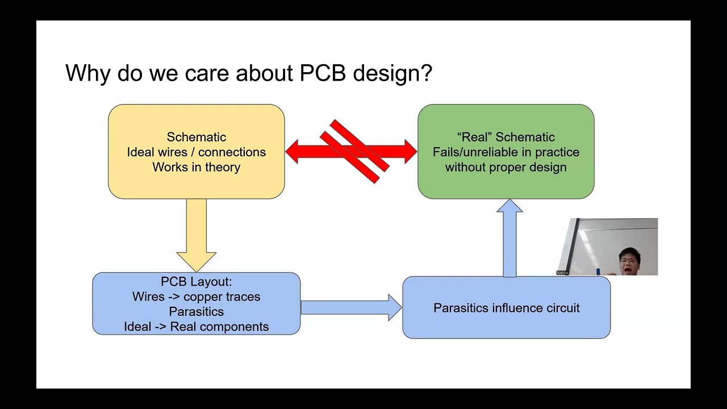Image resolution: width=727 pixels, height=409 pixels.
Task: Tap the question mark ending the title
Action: tap(426, 74)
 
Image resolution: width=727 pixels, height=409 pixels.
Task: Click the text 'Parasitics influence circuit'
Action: tap(506, 308)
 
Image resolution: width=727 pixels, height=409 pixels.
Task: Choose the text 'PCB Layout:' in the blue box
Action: tap(196, 282)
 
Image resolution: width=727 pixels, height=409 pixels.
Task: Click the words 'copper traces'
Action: tap(222, 297)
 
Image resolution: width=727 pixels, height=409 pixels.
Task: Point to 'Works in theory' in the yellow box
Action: tap(196, 167)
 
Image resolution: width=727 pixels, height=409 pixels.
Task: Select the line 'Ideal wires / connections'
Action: tap(196, 152)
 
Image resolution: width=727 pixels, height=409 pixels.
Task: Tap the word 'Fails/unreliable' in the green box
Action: tap(475, 152)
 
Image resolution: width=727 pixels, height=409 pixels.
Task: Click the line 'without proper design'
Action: tap(505, 167)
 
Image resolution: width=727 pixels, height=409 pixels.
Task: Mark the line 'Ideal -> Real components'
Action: tap(196, 327)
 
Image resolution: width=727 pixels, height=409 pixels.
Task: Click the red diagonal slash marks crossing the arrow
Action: tap(355, 151)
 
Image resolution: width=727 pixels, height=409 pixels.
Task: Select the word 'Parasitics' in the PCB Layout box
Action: tap(196, 312)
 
